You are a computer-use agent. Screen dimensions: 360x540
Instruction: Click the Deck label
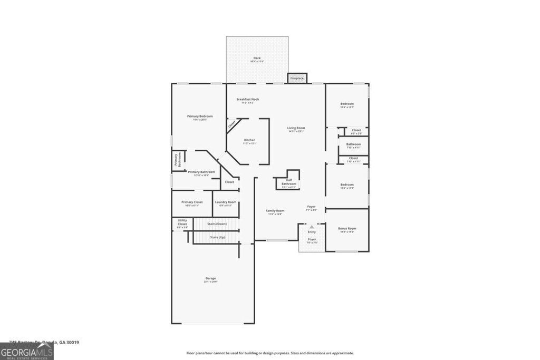(x=257, y=58)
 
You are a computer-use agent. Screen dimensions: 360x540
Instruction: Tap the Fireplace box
(x=297, y=78)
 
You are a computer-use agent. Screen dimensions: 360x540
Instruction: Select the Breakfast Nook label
(x=247, y=99)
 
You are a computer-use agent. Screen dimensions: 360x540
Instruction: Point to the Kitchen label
(x=249, y=140)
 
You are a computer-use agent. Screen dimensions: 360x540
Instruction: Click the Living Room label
(x=296, y=128)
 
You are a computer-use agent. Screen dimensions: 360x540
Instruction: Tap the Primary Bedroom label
(x=200, y=116)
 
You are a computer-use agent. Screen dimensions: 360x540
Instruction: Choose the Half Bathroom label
(x=288, y=182)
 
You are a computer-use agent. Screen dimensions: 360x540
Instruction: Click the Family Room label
(x=275, y=211)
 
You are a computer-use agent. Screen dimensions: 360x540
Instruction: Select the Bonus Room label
(x=347, y=228)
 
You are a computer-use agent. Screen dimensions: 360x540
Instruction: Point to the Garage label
(x=210, y=278)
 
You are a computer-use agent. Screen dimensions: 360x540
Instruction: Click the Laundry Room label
(x=225, y=202)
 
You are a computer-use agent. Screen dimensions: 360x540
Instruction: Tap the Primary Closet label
(x=192, y=202)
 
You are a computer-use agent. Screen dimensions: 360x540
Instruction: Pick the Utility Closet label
(x=182, y=222)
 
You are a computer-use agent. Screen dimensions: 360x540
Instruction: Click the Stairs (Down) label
(x=217, y=224)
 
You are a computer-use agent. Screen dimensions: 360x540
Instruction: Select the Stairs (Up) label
(x=218, y=237)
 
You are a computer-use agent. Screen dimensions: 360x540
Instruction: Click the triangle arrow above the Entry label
(x=312, y=227)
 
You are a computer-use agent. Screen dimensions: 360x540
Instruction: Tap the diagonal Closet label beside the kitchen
(x=232, y=125)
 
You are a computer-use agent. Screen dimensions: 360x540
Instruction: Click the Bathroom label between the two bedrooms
(x=353, y=144)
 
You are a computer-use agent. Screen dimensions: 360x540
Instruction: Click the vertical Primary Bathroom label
(x=177, y=160)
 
